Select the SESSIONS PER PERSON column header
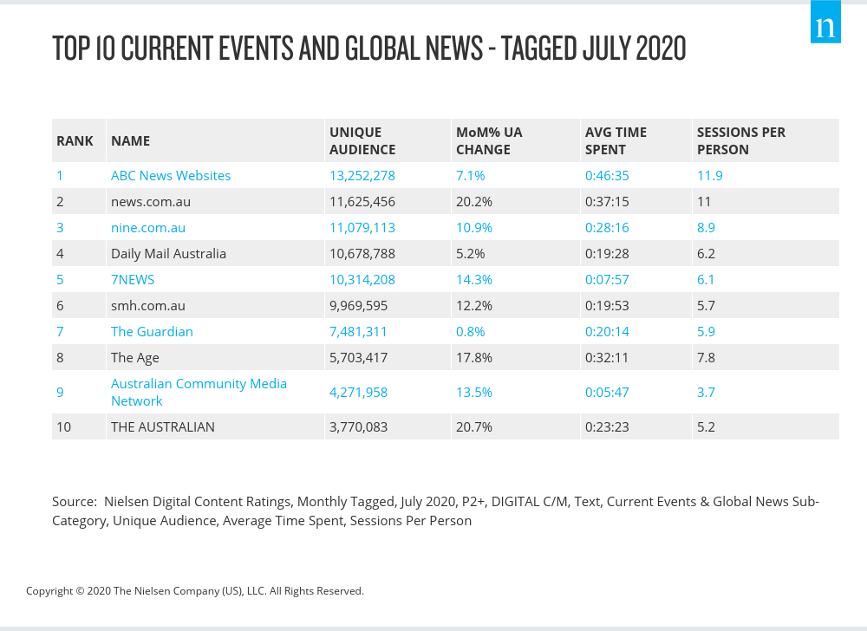[740, 140]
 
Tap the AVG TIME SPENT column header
[616, 140]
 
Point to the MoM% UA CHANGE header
[489, 140]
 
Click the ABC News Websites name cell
[171, 175]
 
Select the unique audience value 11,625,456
[362, 201]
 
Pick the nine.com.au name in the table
[148, 227]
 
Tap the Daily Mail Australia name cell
[168, 253]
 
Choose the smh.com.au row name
[148, 305]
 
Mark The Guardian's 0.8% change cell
[471, 331]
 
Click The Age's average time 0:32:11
[607, 357]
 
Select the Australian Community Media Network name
[199, 392]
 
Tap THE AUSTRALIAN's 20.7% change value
[473, 426]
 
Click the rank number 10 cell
[64, 426]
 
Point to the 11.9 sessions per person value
[709, 175]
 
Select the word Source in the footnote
[74, 501]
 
